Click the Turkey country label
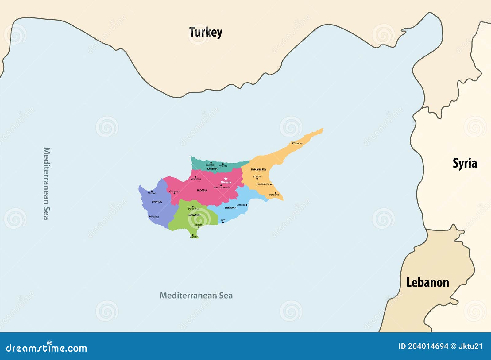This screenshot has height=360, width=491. click(x=206, y=32)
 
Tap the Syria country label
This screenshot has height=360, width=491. click(x=465, y=163)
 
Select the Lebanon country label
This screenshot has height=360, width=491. click(x=427, y=282)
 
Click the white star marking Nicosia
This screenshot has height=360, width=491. click(x=226, y=179)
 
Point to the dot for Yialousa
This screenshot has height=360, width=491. click(x=292, y=143)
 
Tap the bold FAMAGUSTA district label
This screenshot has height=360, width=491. click(x=258, y=169)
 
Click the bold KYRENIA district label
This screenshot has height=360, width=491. click(x=212, y=169)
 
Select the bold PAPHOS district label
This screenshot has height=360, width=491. click(x=157, y=202)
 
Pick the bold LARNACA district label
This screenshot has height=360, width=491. click(x=230, y=208)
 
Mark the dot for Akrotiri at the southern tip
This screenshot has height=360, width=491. click(x=193, y=235)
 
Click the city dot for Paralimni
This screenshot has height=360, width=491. click(x=275, y=193)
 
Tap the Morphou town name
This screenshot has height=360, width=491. click(x=196, y=179)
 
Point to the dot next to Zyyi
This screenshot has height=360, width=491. click(x=223, y=222)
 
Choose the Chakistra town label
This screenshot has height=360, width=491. click(x=174, y=191)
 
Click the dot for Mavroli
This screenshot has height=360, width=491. click(x=152, y=191)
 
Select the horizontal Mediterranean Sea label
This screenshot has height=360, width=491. click(x=196, y=296)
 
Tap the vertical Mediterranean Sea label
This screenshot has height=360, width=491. click(x=46, y=184)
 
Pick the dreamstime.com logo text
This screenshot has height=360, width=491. click(x=47, y=348)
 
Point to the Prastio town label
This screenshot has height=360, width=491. click(x=257, y=176)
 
